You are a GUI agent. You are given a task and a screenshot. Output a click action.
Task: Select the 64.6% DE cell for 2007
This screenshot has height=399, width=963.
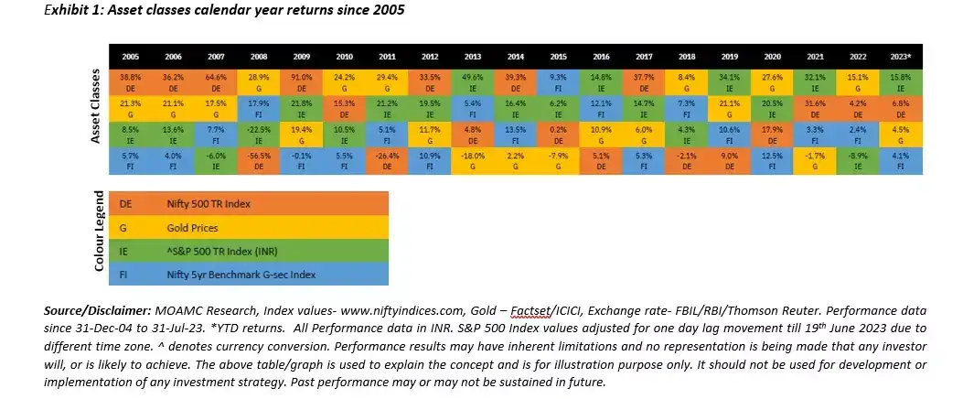pos(217,81)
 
